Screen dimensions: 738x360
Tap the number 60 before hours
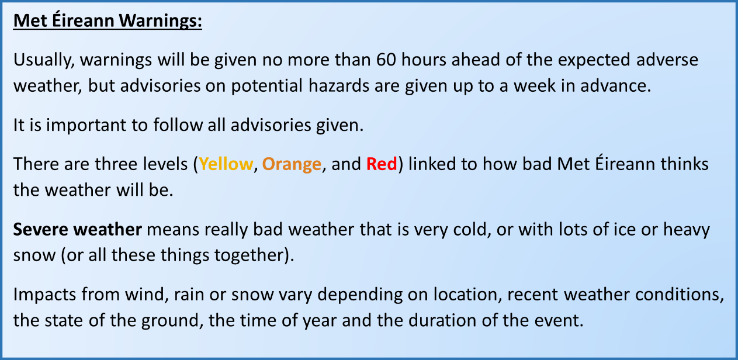386,60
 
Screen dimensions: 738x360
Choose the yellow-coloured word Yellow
226,164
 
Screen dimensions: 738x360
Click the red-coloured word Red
382,164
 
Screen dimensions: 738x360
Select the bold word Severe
40,229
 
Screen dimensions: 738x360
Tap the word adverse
667,60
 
